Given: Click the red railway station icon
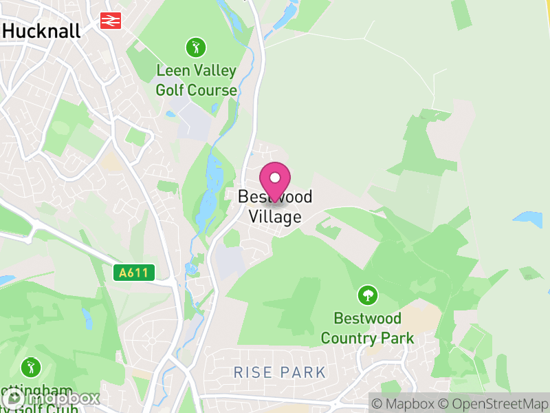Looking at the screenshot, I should click(x=110, y=21).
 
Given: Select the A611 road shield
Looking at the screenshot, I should click(x=133, y=273).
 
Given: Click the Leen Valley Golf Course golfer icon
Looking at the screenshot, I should click(x=196, y=47).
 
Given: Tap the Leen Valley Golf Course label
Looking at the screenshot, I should click(x=196, y=80).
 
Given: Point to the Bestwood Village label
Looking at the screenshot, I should click(x=275, y=206).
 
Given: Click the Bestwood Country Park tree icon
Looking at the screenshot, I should click(x=368, y=296).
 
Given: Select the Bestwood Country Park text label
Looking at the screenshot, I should click(x=368, y=328).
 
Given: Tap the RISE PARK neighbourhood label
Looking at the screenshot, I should click(x=279, y=372).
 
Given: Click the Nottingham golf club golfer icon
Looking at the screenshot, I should click(x=30, y=366).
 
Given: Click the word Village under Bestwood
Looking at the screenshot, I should click(x=275, y=217).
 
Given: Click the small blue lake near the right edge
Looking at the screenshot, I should click(x=528, y=219).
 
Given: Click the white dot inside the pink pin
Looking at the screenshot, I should click(x=275, y=178).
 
